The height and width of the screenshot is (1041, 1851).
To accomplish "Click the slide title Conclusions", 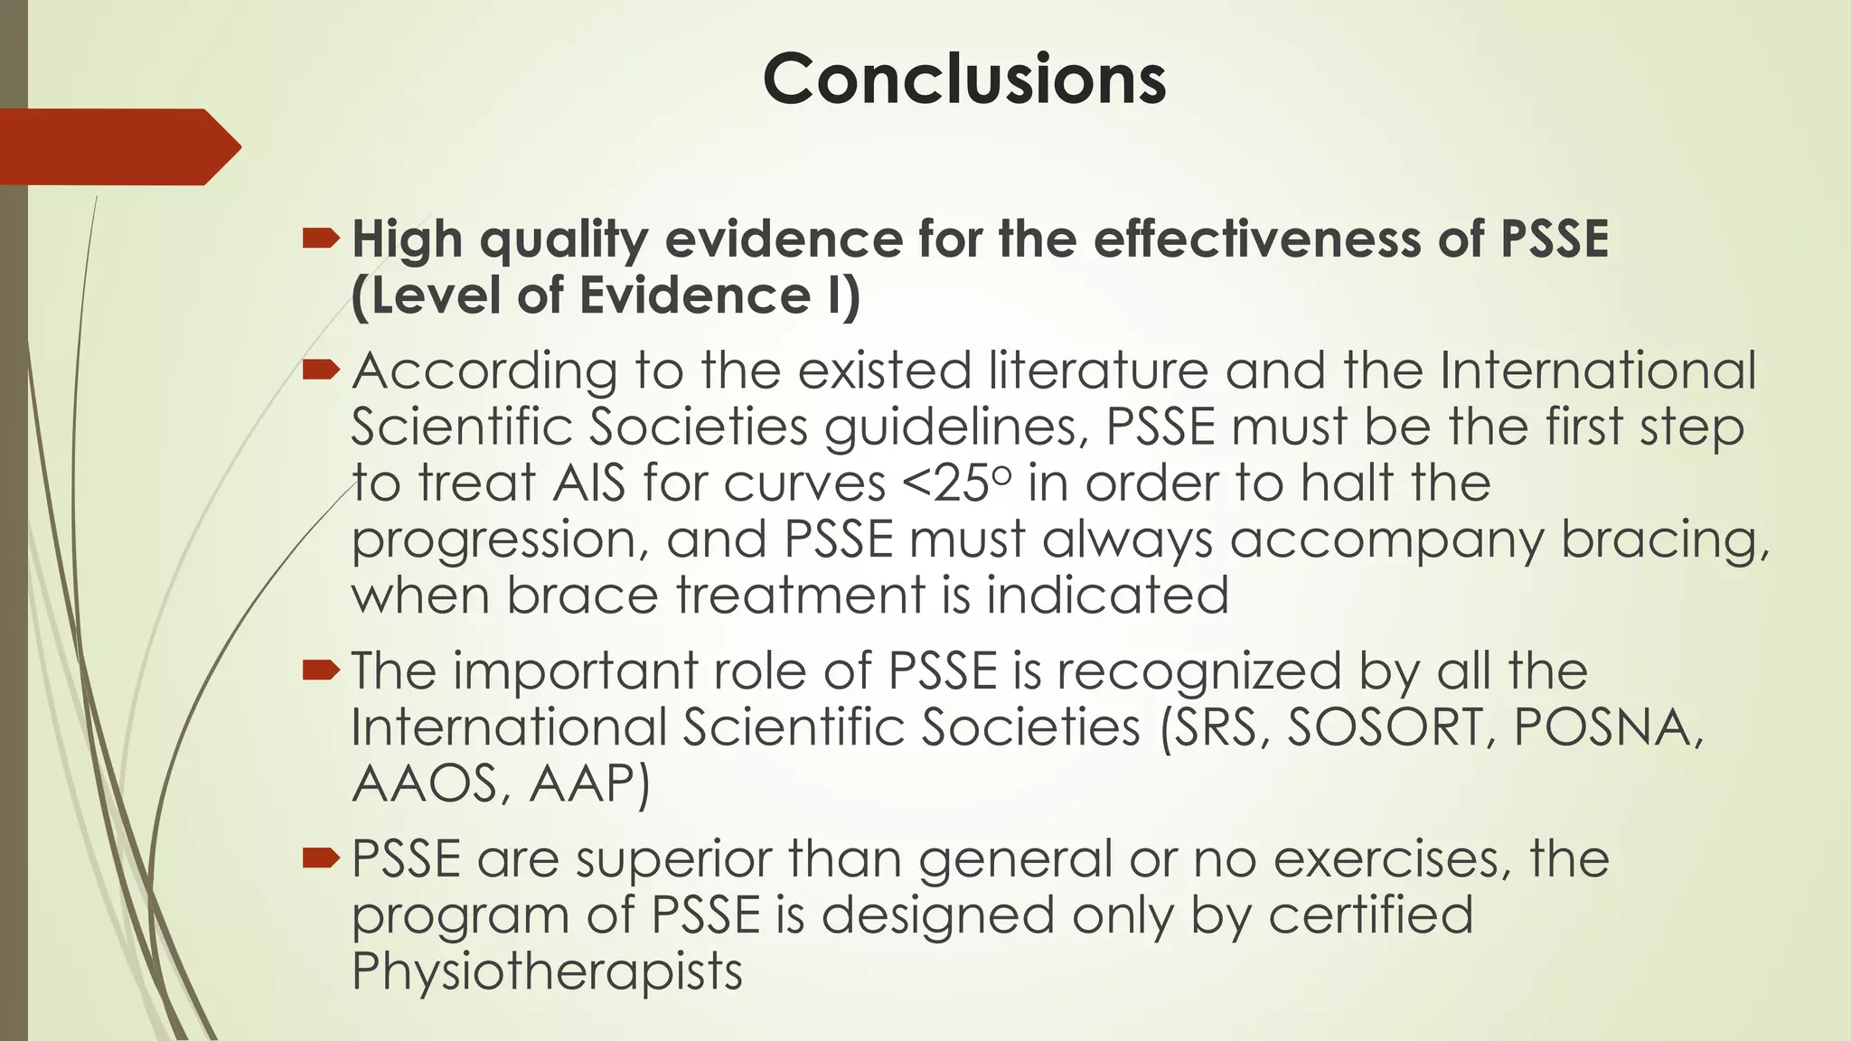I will click(x=964, y=80).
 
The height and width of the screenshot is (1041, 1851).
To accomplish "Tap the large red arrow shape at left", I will click(x=117, y=146).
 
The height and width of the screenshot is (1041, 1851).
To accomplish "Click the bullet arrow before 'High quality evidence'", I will click(x=321, y=239).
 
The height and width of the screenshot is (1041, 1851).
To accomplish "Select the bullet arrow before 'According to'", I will click(x=321, y=370).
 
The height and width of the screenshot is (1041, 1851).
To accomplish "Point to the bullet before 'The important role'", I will click(x=321, y=670).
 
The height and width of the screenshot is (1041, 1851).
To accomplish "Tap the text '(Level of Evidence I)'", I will click(x=606, y=296).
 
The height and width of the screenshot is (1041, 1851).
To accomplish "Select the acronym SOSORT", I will click(x=1392, y=727).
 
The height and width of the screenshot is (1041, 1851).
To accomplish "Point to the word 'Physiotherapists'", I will click(x=547, y=971).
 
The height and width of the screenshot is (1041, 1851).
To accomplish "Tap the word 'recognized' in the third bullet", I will click(x=1200, y=671).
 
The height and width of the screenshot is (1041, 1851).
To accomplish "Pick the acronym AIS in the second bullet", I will click(x=589, y=483).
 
